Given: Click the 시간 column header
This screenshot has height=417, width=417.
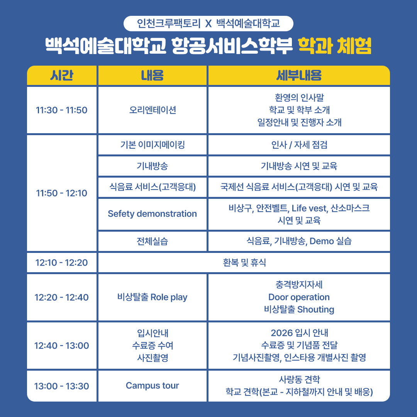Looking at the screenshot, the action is (x=62, y=75).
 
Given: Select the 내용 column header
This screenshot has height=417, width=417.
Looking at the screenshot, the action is (x=153, y=75).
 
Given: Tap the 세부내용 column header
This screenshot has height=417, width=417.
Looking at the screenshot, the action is (x=299, y=75).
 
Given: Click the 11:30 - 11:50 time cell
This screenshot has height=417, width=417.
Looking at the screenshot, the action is (x=62, y=110).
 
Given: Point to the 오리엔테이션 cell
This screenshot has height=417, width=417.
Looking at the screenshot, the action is (x=153, y=110).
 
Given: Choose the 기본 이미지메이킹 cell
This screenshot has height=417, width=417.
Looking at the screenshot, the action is (x=153, y=145).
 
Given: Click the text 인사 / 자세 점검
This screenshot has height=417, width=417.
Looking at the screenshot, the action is (x=299, y=145).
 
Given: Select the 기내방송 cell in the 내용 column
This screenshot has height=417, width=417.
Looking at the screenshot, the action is (x=153, y=166).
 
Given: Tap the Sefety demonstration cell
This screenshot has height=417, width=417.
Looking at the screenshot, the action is (x=153, y=214).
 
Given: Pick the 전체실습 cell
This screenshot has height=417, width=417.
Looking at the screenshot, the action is (x=153, y=241).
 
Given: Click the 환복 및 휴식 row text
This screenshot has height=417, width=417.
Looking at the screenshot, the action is (x=244, y=263).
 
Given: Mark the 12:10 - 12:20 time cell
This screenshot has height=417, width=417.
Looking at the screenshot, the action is (x=62, y=263).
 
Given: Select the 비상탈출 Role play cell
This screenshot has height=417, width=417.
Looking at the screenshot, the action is (x=153, y=297).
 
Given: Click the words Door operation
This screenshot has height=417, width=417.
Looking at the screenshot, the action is (x=299, y=297).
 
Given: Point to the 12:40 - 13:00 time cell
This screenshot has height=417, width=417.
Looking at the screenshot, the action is (x=62, y=346).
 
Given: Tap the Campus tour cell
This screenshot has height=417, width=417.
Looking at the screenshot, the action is (x=153, y=386).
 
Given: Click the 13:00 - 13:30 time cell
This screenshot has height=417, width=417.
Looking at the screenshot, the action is (x=62, y=386).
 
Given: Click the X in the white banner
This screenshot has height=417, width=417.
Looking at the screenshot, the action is (x=208, y=24).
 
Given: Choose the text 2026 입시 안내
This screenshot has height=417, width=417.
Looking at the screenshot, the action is (x=299, y=333).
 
